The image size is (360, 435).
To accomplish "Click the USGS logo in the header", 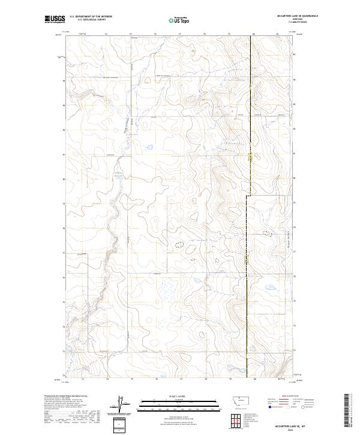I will coord(55,20).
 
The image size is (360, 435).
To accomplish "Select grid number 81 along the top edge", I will coord(277,34).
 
